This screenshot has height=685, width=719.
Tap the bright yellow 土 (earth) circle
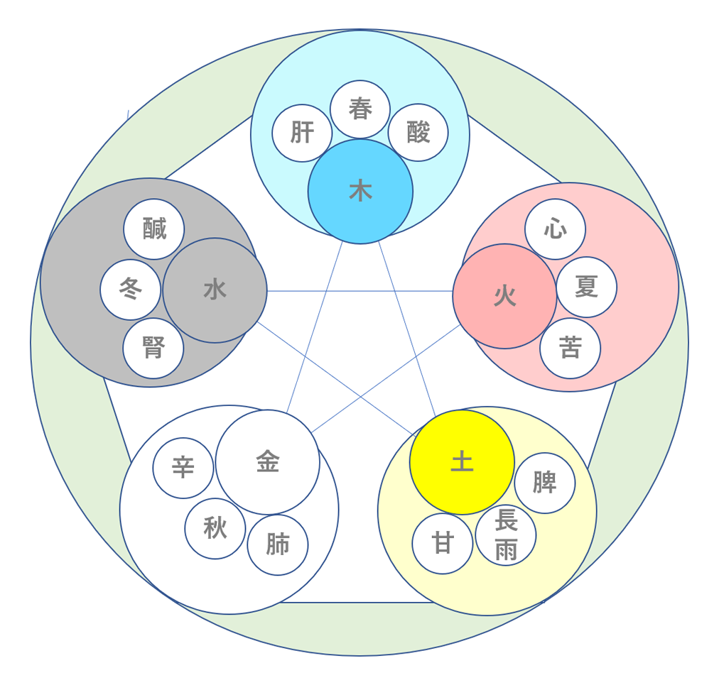pos(462,462)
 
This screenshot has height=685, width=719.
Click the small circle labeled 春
pos(360,109)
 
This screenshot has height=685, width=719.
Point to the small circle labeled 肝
pos(302,133)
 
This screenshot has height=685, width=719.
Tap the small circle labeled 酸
pos(418,132)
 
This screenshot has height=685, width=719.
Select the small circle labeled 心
pos(555,229)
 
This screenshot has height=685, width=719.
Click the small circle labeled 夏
pos(586,287)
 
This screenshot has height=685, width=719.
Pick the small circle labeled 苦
pos(570,348)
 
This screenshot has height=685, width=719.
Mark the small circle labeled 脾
pos(544,483)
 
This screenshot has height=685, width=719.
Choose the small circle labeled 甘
pos(443,544)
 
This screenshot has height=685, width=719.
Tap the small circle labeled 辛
pos(183,468)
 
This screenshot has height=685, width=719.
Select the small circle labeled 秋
pos(215,528)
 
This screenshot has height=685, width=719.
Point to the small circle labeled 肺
pos(278,545)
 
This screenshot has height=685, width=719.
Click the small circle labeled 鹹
pos(154,229)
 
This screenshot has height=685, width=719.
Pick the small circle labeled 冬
pos(130,290)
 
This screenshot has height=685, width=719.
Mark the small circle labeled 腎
pos(153,349)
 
